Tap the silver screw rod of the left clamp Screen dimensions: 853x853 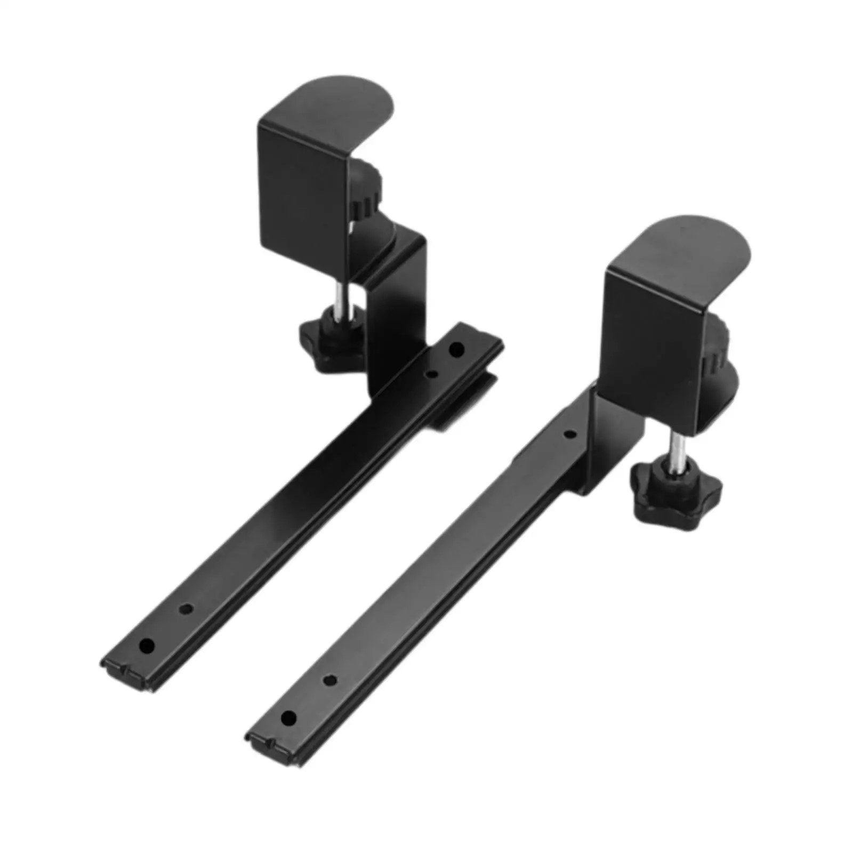pyautogui.click(x=339, y=301)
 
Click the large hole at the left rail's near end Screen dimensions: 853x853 pyautogui.click(x=147, y=646)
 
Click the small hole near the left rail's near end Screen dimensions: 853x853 pyautogui.click(x=186, y=608)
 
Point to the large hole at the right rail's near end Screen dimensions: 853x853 pyautogui.click(x=288, y=718)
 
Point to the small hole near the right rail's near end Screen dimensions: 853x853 pyautogui.click(x=330, y=680)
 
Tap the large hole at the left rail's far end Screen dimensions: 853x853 pyautogui.click(x=456, y=350)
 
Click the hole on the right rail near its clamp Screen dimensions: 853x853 pyautogui.click(x=570, y=434)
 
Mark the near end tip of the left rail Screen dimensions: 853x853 pyautogui.click(x=128, y=677)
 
